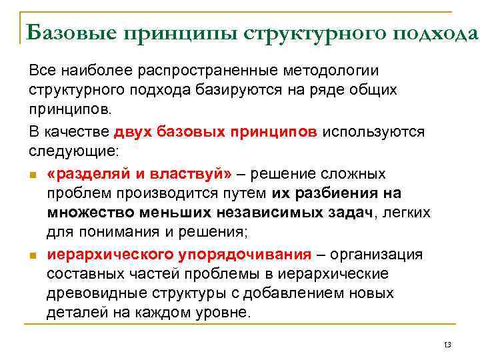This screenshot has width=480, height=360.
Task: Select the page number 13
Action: click(447, 345)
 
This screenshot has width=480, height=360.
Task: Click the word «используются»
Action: click(373, 131)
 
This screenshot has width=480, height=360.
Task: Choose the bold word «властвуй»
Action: click(194, 173)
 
